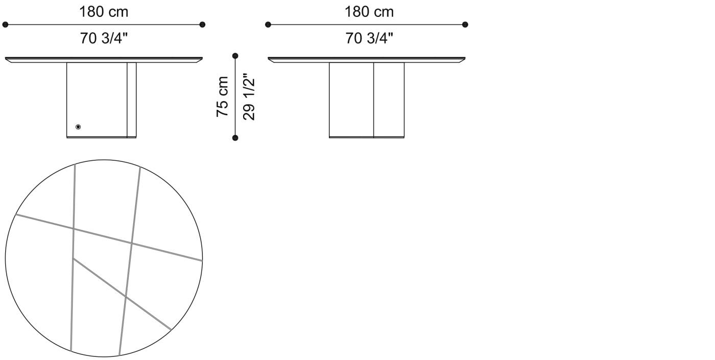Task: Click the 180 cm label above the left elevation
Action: tap(104, 12)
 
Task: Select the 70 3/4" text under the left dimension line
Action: tap(104, 38)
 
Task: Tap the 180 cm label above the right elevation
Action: tap(369, 12)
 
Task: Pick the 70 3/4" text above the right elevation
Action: tap(369, 38)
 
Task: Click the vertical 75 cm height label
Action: tap(223, 97)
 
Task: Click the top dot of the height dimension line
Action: tap(235, 56)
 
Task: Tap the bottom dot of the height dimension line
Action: tap(235, 137)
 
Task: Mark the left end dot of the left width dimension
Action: tap(5, 25)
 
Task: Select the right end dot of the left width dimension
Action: tap(202, 25)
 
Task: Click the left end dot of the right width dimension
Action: tap(268, 25)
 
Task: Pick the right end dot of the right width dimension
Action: tap(465, 25)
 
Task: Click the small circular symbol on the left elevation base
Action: tap(78, 127)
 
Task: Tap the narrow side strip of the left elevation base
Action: tap(132, 100)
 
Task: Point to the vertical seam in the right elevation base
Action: tap(374, 100)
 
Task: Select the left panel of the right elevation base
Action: tap(351, 100)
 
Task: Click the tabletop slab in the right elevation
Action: tap(367, 59)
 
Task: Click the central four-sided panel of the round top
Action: tap(102, 260)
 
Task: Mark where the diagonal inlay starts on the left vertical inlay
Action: tap(74, 258)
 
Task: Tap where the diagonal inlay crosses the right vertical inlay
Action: tap(126, 296)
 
